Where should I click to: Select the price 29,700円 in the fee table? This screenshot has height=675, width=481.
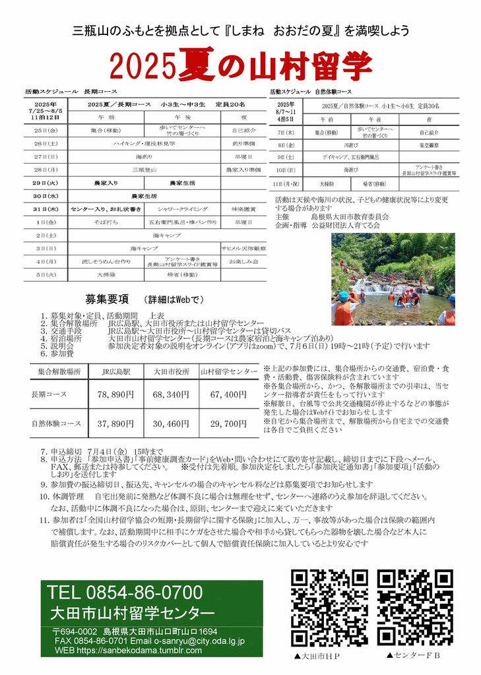(x=228, y=424)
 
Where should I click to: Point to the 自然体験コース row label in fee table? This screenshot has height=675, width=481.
(x=56, y=424)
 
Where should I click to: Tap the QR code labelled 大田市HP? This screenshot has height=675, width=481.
(x=330, y=608)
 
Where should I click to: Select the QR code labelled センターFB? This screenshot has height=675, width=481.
(x=415, y=608)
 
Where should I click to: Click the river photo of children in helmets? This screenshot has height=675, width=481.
(x=393, y=278)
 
